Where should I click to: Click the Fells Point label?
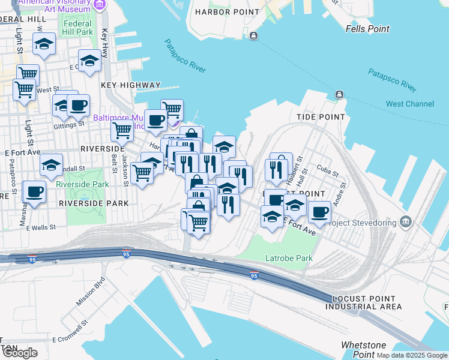[x=367, y=29]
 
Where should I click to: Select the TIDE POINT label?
[x=321, y=117]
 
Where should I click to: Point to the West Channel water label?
[x=410, y=104]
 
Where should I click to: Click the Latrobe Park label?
[x=289, y=259]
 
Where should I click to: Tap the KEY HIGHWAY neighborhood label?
[x=131, y=85]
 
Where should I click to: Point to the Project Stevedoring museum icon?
[x=406, y=222]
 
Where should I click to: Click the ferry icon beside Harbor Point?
[x=254, y=36]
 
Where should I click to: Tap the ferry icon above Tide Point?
[x=339, y=95]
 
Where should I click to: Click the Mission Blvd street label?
[x=91, y=290]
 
